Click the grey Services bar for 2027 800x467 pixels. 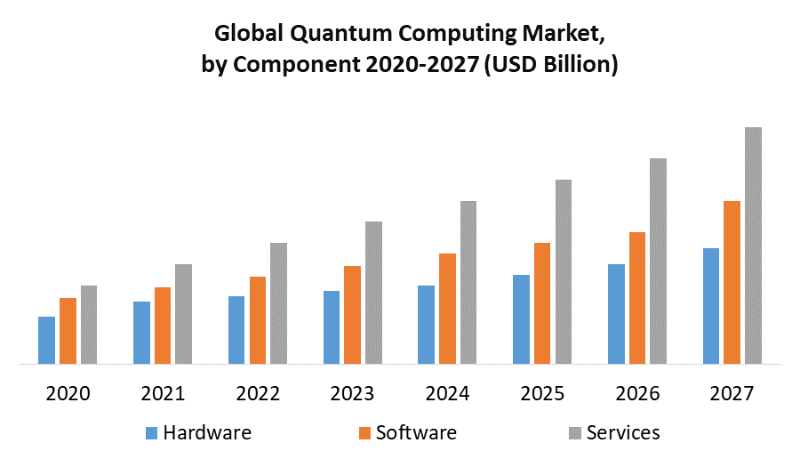tap(753, 246)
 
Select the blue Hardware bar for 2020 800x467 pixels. tap(46, 340)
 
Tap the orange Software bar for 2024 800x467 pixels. tap(447, 309)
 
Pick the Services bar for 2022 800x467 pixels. tap(278, 303)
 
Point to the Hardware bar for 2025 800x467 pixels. tap(521, 319)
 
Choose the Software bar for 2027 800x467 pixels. tap(732, 282)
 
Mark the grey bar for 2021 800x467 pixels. tap(183, 314)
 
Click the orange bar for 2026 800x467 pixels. tap(637, 298)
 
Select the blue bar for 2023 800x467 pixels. tap(332, 327)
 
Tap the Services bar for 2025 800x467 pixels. tap(564, 271)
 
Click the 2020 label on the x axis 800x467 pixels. tap(68, 392)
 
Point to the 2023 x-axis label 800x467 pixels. tap(352, 392)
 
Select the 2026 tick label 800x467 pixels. tap(637, 392)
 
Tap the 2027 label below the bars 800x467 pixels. tap(732, 392)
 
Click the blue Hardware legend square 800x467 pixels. tap(151, 433)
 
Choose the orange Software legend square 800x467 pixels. tap(364, 433)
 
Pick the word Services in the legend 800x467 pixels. tap(623, 433)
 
